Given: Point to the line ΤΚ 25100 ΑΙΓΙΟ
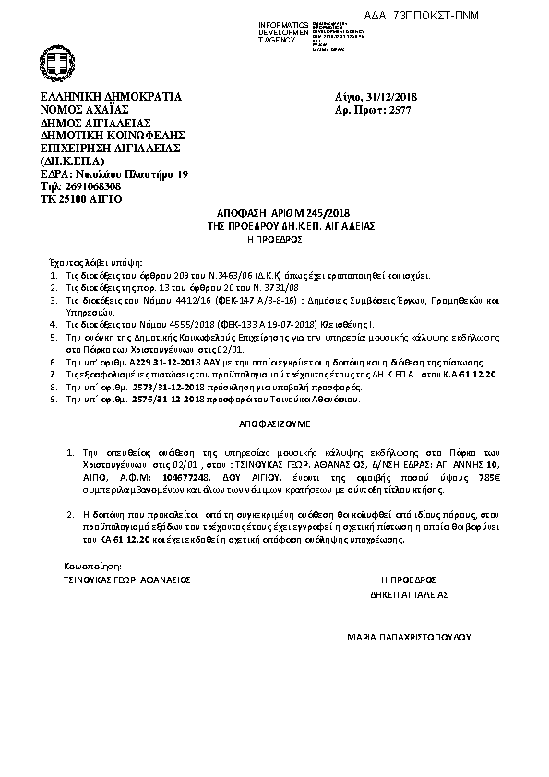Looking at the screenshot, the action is click(80, 198).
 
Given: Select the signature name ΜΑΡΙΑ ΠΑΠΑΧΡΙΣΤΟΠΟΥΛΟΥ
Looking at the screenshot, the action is click(409, 636).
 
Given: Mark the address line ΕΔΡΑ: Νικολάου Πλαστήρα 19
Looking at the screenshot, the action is click(113, 173).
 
